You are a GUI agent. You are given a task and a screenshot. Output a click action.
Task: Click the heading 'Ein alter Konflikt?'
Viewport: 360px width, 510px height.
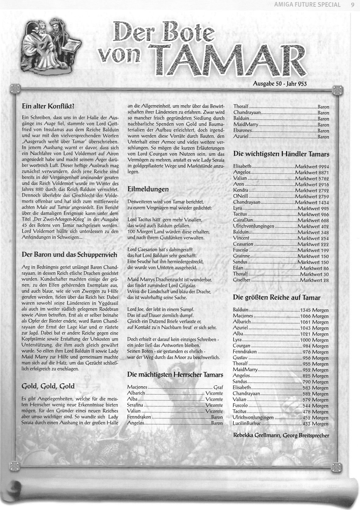pos(48,107)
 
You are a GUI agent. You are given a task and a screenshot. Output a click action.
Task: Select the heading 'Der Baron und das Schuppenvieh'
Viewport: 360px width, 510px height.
pos(65,254)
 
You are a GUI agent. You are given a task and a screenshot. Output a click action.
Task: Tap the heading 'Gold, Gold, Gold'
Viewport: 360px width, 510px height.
pos(48,386)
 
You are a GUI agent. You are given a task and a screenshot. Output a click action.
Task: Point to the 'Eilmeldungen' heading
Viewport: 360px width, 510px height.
pos(148,189)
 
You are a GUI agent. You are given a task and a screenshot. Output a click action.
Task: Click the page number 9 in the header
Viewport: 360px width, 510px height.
pos(352,5)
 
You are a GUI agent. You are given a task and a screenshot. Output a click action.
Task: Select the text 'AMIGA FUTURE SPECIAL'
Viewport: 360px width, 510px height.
pos(307,5)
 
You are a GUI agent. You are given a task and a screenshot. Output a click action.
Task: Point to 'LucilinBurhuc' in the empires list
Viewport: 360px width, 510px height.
pos(247,424)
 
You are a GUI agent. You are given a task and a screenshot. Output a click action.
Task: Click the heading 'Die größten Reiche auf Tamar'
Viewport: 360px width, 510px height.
pos(277,297)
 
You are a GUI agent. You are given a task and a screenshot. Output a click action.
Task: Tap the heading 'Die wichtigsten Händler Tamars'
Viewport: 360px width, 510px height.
pos(281,154)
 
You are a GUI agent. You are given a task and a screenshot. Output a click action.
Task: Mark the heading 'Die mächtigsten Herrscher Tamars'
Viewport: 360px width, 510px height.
pos(175,375)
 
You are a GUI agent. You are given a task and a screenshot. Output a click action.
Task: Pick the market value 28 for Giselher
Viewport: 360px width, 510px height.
pos(326,280)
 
